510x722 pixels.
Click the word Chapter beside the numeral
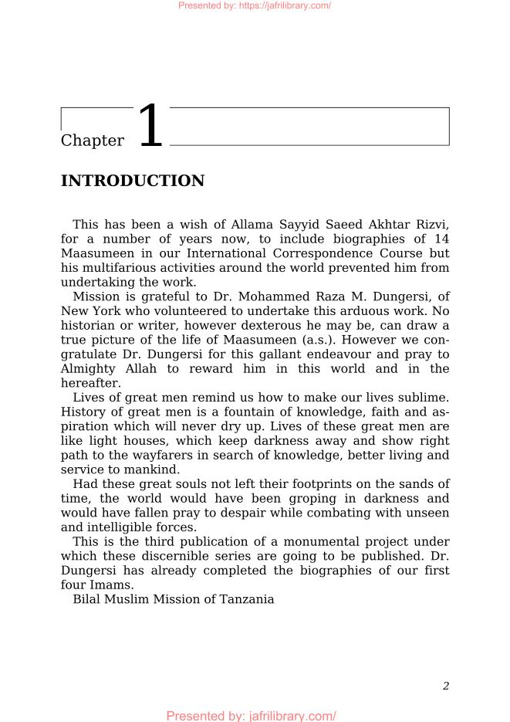pyautogui.click(x=92, y=141)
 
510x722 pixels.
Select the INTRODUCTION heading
pyautogui.click(x=132, y=181)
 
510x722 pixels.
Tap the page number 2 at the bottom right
pyautogui.click(x=446, y=686)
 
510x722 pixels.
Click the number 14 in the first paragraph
pyautogui.click(x=441, y=239)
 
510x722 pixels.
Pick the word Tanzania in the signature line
pyautogui.click(x=245, y=599)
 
